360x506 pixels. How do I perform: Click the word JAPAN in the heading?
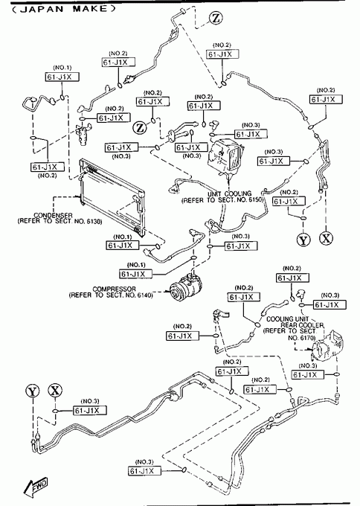coord(42,9)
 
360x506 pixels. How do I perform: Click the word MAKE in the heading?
coord(90,8)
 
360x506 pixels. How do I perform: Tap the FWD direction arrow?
coord(36,486)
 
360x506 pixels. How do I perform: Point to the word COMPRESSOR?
coord(114,289)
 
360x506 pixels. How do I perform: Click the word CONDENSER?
coord(53,215)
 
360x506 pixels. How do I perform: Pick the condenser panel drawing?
coord(112,196)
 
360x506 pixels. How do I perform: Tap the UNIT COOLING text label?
coord(229,194)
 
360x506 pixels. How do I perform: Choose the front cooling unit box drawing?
coord(225,155)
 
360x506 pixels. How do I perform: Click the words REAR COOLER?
coord(302,325)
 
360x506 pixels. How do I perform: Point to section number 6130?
coord(94,222)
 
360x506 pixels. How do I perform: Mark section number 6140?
coord(144,295)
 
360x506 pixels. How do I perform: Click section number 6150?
coord(255,200)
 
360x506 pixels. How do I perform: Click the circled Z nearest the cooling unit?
coord(140,127)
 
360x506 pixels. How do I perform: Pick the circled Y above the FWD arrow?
coord(32,391)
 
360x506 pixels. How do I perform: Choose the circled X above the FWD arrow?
coord(55,391)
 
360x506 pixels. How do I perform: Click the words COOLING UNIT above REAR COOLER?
coord(287,319)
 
